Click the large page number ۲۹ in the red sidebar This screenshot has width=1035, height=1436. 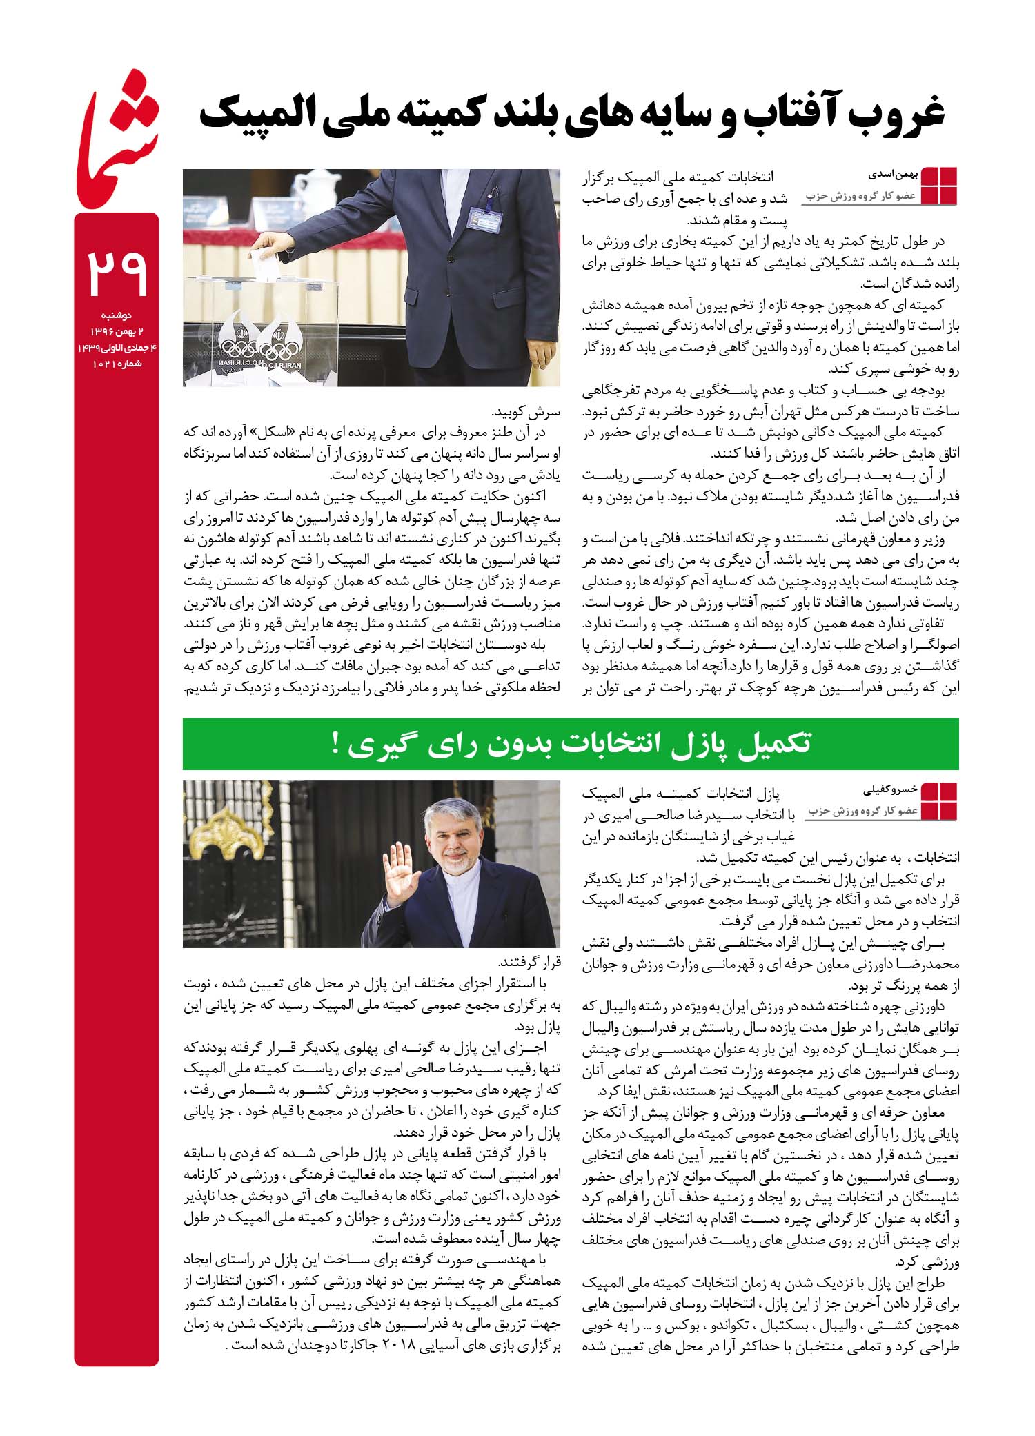[x=117, y=271]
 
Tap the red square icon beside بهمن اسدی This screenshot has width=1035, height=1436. [x=938, y=186]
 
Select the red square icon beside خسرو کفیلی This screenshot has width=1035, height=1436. [x=939, y=802]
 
